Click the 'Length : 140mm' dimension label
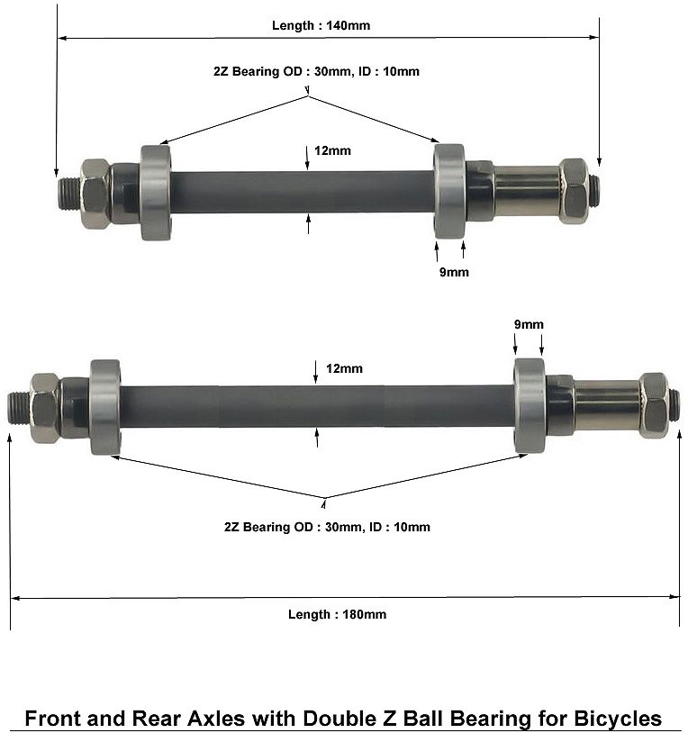(321, 25)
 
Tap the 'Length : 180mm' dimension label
(337, 614)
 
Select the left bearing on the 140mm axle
(156, 193)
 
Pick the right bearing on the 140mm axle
(449, 191)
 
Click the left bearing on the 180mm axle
(105, 407)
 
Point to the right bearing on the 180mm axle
(530, 406)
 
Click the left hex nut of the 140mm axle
(95, 194)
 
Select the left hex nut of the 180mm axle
(45, 408)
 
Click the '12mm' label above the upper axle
(332, 150)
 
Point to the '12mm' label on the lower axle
(345, 368)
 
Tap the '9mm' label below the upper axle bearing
(454, 272)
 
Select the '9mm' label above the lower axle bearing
(529, 324)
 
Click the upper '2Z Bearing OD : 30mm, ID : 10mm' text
(316, 71)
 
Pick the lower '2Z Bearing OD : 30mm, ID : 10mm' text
(327, 527)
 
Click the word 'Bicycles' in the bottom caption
(618, 719)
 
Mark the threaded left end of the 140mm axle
(69, 194)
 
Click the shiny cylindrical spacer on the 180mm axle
(607, 405)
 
